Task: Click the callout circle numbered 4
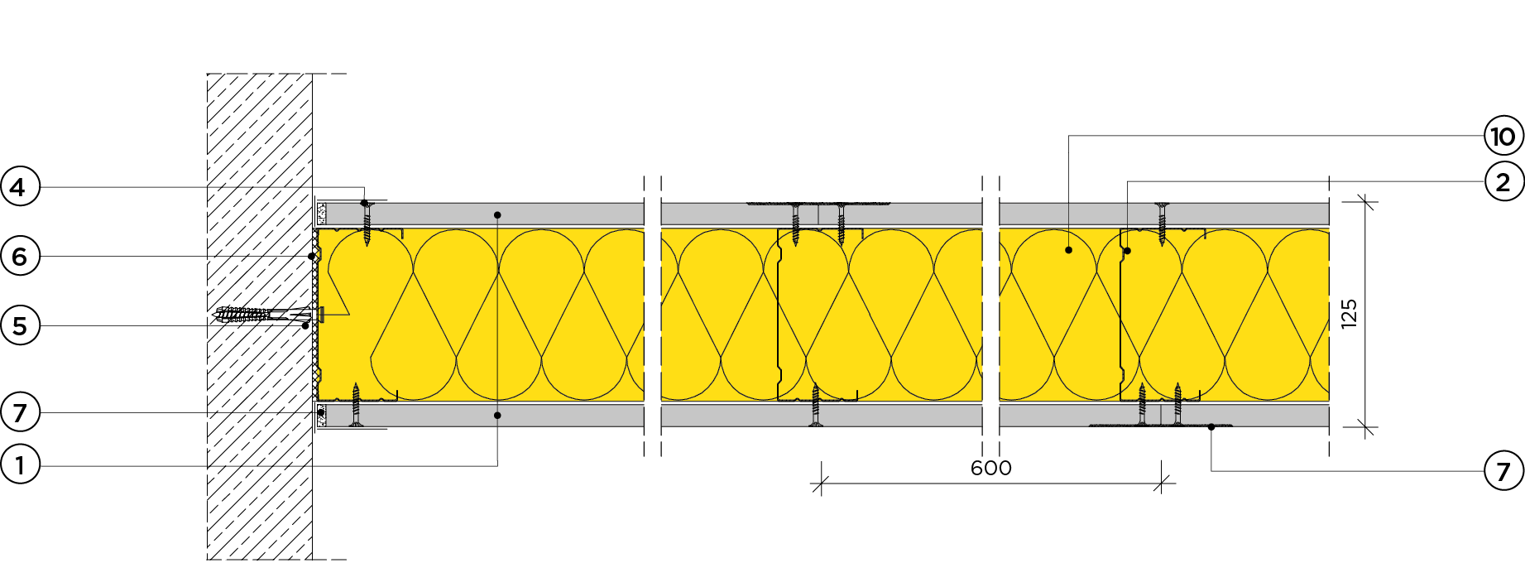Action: (x=20, y=187)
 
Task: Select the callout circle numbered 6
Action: (x=20, y=257)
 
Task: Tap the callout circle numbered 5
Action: (x=20, y=326)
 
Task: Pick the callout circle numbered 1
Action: (x=20, y=465)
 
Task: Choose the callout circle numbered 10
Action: (x=1503, y=136)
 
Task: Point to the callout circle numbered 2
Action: (x=1503, y=182)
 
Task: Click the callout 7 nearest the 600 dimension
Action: (x=1503, y=471)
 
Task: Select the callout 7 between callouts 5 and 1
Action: (x=20, y=412)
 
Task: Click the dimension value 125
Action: (x=1349, y=314)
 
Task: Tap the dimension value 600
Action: (x=990, y=468)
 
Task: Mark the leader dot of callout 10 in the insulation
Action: (x=1068, y=249)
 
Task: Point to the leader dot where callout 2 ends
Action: (x=1127, y=251)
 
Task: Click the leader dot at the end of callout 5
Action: (x=305, y=326)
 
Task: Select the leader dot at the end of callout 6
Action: (x=312, y=257)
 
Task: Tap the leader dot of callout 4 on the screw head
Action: (x=364, y=203)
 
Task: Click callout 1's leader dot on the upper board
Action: (x=497, y=215)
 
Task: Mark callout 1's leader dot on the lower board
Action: (x=497, y=415)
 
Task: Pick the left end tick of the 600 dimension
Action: (x=820, y=484)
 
